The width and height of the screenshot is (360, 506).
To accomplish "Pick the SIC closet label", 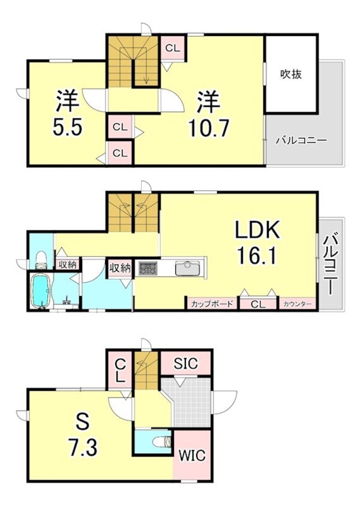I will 185,363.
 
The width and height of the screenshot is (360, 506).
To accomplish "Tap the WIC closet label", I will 191,456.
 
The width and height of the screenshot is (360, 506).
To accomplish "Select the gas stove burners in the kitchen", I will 148,268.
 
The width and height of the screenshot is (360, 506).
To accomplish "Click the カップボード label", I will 212,304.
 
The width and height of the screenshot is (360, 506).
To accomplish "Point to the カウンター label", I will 297,304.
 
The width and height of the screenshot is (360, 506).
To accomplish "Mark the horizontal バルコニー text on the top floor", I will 301,141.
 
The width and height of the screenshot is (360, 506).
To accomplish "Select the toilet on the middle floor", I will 40,259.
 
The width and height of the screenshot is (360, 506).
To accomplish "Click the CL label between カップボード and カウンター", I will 257,304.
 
